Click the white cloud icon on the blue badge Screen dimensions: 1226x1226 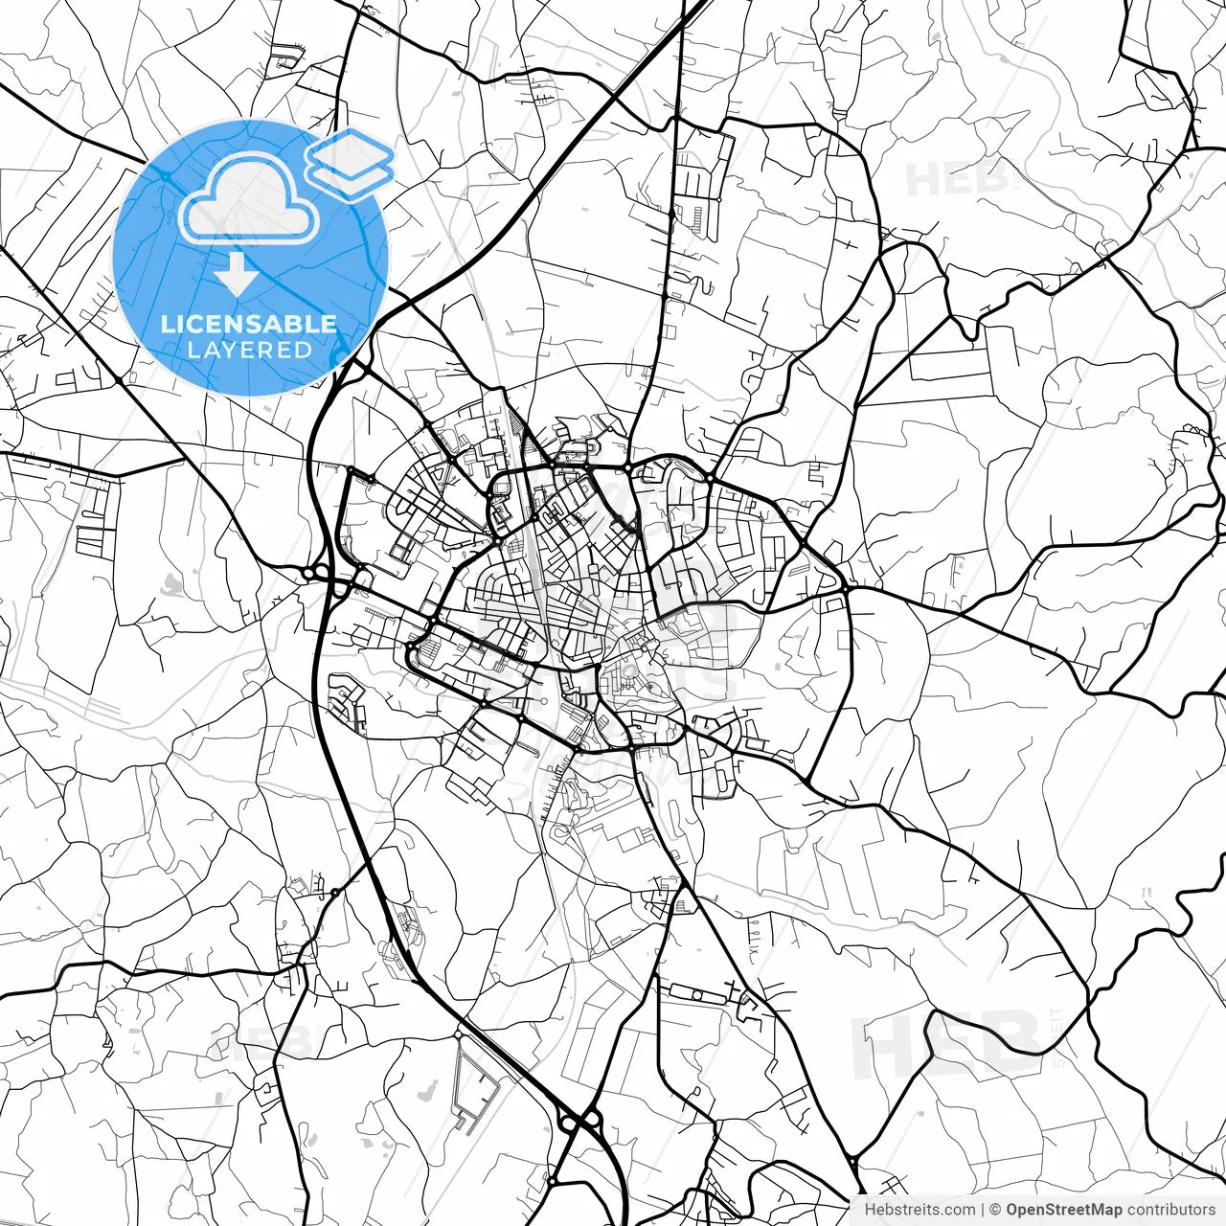click(250, 199)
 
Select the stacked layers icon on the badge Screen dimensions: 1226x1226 click(350, 164)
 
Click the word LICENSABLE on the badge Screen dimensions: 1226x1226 click(249, 324)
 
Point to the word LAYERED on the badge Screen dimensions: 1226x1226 click(249, 350)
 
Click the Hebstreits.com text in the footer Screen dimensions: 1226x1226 click(919, 1210)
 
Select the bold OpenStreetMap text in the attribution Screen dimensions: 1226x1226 click(1063, 1210)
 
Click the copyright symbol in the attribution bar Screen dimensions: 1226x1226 click(996, 1210)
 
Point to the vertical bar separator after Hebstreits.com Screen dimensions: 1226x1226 click(983, 1210)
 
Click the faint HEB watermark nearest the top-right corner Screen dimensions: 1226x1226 click(958, 179)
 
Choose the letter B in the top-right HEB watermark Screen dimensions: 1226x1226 click(992, 179)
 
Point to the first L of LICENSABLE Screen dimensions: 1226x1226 click(166, 324)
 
